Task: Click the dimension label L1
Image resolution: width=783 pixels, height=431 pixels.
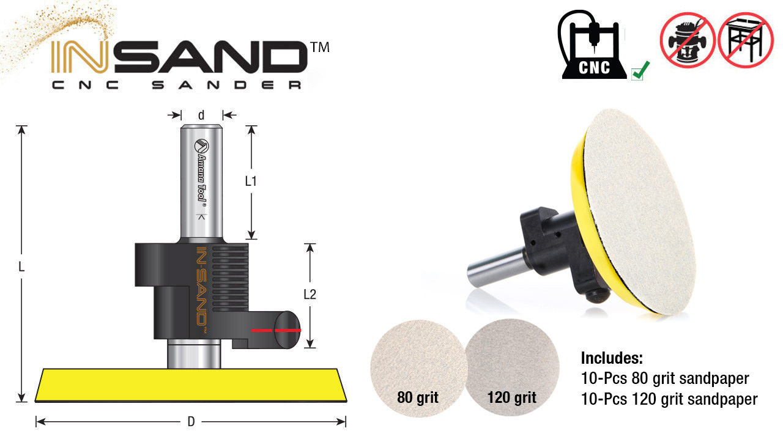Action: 251,181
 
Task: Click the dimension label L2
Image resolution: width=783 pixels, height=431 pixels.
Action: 310,294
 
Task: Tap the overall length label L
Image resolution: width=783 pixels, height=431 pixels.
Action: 22,267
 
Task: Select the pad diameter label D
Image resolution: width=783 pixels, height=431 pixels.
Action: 191,421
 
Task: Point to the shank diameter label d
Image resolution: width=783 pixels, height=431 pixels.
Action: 201,114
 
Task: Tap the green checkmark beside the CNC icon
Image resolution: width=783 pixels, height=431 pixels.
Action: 640,72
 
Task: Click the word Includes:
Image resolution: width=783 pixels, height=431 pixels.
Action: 611,358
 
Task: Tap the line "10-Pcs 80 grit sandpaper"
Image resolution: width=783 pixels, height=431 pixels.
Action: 664,378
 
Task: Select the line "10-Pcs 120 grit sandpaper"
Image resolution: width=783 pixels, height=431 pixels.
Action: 669,399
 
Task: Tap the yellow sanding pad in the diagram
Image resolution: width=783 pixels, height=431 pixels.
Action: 191,385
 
